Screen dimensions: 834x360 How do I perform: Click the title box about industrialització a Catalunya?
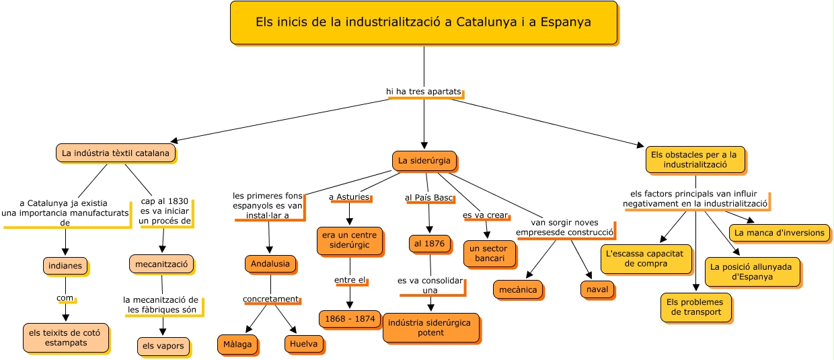tap(424, 22)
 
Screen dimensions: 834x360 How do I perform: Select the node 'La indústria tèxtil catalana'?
tap(116, 153)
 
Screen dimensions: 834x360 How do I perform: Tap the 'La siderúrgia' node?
tap(424, 161)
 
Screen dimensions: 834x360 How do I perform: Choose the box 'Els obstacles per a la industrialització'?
tap(695, 160)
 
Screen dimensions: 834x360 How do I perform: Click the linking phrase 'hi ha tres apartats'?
tap(424, 92)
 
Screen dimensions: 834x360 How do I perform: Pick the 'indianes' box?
tap(65, 266)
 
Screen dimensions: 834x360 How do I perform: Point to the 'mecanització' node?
tap(161, 264)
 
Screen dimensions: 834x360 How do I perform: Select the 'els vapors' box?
tap(163, 347)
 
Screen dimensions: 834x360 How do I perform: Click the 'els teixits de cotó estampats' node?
tap(65, 338)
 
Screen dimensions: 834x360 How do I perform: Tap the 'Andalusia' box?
tap(270, 264)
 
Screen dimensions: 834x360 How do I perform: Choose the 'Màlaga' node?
tap(237, 345)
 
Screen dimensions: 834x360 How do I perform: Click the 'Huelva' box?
tap(304, 344)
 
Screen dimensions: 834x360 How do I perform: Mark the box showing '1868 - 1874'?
tap(350, 319)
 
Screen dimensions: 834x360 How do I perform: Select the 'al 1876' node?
tap(430, 244)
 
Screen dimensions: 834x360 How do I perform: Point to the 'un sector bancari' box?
tap(490, 254)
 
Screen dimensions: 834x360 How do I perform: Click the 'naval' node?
tap(597, 289)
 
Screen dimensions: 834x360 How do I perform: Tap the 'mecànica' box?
tap(518, 290)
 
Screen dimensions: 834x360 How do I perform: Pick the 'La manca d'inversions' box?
tap(780, 233)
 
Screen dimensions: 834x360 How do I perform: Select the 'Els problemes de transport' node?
tap(695, 308)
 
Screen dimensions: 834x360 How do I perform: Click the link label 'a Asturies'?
tap(349, 196)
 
